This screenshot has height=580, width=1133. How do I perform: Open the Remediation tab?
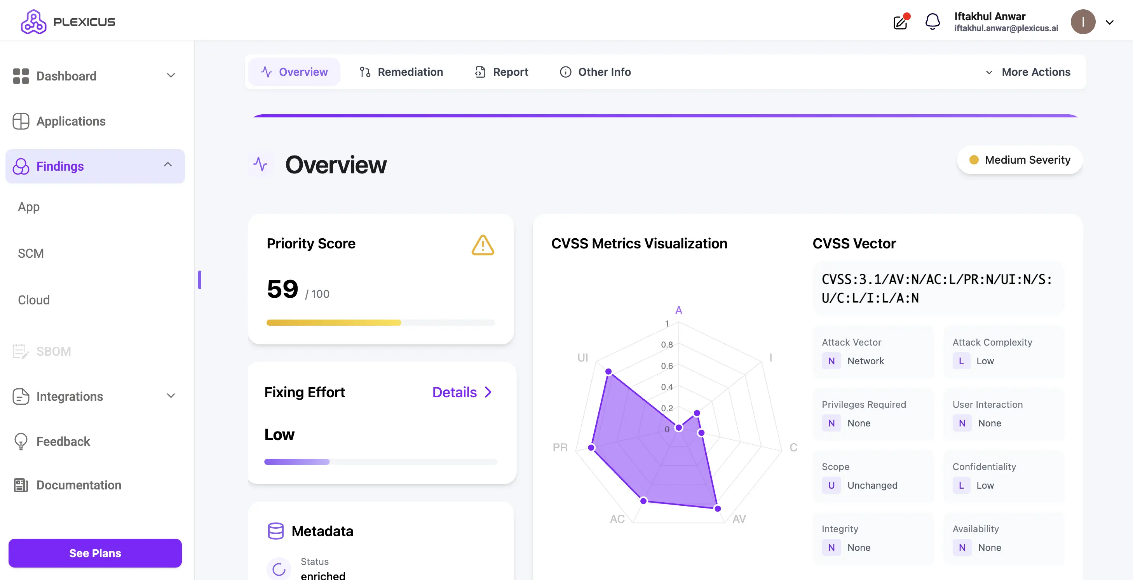[x=401, y=72]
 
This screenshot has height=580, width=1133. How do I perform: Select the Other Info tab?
[x=595, y=72]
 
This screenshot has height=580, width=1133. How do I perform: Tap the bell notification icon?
[x=932, y=21]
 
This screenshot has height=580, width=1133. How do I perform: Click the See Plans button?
[x=95, y=553]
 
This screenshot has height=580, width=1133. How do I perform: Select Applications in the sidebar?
[x=70, y=121]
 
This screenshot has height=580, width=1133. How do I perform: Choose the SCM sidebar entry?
[x=31, y=253]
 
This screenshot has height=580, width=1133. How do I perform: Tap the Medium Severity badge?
[x=1020, y=160]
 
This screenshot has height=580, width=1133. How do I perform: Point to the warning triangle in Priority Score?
[x=483, y=245]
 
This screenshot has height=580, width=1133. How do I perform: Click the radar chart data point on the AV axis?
[x=717, y=508]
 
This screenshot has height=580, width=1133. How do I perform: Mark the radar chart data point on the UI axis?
[x=608, y=372]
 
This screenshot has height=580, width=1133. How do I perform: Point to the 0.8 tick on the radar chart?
[x=666, y=344]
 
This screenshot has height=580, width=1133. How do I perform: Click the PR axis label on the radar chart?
[x=560, y=447]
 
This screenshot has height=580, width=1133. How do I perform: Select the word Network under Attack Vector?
[x=865, y=361]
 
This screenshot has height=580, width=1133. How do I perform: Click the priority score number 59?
[x=282, y=289]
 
